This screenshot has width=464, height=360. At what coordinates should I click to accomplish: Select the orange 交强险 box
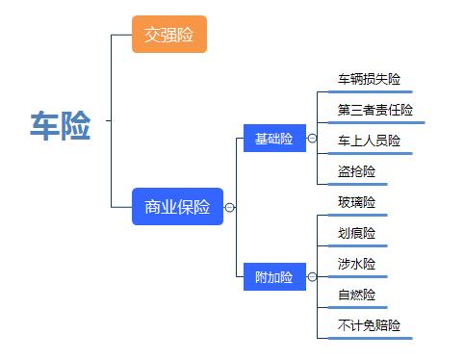[x=168, y=36]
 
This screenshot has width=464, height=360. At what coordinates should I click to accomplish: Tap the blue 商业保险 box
[x=177, y=207]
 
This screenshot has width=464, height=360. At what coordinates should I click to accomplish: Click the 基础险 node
[x=274, y=139]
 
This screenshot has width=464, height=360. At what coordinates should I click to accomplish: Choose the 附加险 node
[x=274, y=277]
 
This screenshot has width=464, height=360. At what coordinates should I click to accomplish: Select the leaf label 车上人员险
[x=369, y=141]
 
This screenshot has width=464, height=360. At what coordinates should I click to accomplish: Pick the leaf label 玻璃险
[x=356, y=202]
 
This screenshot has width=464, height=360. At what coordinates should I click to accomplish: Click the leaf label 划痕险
[x=356, y=233]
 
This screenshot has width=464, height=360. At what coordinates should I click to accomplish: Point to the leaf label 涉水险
[x=356, y=264]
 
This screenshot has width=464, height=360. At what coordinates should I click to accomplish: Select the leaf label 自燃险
[x=356, y=295]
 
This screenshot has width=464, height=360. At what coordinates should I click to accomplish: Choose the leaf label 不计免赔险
[x=369, y=325]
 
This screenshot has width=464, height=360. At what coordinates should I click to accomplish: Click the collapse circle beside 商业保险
[x=230, y=207]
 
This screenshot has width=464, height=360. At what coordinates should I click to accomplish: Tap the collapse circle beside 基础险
[x=312, y=139]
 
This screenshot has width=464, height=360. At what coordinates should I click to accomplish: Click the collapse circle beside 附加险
[x=312, y=277]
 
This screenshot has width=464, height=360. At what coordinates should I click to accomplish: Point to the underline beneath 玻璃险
[x=356, y=215]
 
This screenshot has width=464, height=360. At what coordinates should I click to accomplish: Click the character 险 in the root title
[x=77, y=126]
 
